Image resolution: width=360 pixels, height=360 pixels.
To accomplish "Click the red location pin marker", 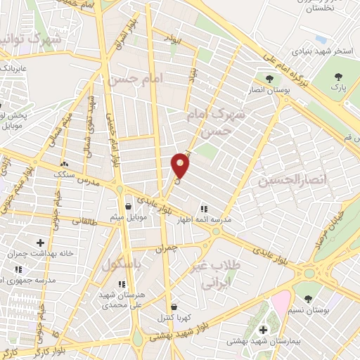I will [180, 165].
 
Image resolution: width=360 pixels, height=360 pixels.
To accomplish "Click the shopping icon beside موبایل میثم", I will [129, 207].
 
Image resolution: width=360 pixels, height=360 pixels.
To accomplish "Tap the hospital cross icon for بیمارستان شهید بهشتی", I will [264, 329].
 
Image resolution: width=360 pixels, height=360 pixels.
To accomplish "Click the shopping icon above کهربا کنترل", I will [174, 307].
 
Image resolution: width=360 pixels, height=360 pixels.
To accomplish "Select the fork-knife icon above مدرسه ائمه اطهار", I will [204, 209].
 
